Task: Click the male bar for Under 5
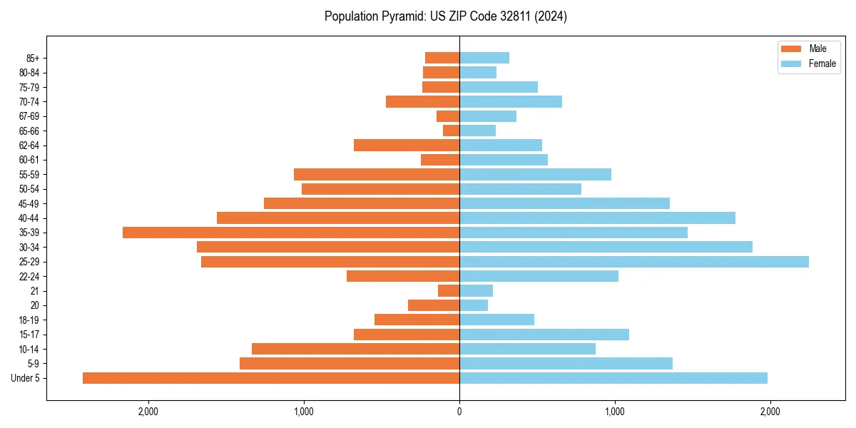(271, 378)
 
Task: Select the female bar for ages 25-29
(634, 262)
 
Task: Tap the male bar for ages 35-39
(291, 233)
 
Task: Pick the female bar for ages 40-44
(597, 218)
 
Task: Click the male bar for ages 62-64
(407, 145)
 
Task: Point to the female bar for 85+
(484, 58)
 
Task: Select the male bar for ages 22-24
(403, 276)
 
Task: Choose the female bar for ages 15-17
(544, 335)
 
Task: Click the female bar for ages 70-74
(511, 101)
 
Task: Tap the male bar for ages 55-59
(377, 174)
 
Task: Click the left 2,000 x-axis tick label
(148, 412)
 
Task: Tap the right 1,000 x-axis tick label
(615, 412)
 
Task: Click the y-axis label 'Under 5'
(25, 378)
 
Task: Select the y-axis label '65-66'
(29, 131)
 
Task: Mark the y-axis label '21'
(35, 291)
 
